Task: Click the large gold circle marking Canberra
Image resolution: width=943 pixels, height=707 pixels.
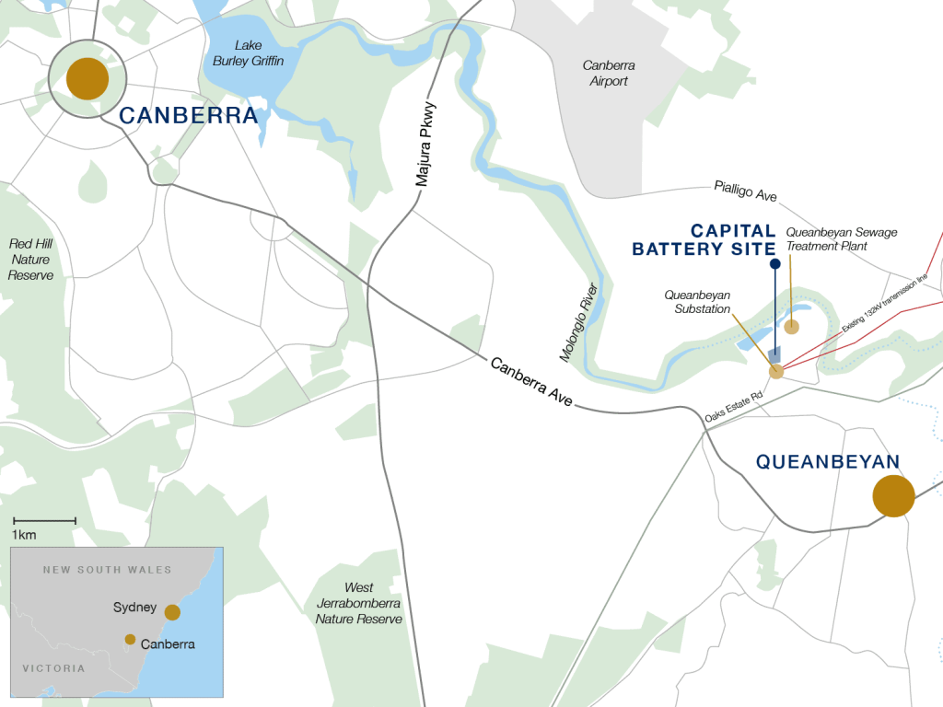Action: (x=87, y=79)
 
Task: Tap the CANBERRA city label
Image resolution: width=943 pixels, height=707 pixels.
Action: (x=188, y=116)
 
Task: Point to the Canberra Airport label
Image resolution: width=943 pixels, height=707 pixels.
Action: (x=608, y=74)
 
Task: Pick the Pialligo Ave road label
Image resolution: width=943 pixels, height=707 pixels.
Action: (x=745, y=191)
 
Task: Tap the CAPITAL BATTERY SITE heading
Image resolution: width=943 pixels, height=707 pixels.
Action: (x=704, y=239)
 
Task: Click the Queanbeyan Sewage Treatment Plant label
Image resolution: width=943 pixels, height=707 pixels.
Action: (x=841, y=239)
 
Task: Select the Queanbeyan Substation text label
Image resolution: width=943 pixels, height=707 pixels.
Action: (x=697, y=302)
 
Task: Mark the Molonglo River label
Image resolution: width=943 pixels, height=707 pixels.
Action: (x=579, y=321)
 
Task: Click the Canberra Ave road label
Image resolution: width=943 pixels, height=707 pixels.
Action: (x=531, y=382)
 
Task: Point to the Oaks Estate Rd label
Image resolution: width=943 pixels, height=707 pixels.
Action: (x=734, y=406)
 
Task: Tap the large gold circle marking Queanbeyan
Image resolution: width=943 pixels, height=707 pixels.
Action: (x=893, y=496)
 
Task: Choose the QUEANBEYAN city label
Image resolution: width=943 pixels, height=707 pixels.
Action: (x=827, y=462)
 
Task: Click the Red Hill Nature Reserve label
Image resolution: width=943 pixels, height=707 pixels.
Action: (x=31, y=260)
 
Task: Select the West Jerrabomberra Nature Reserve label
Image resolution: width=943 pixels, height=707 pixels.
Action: (x=358, y=603)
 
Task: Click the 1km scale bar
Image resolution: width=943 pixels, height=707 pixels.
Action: (x=44, y=521)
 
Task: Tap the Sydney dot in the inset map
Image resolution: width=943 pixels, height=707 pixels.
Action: (x=172, y=612)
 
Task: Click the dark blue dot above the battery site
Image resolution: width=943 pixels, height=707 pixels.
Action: (x=774, y=264)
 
